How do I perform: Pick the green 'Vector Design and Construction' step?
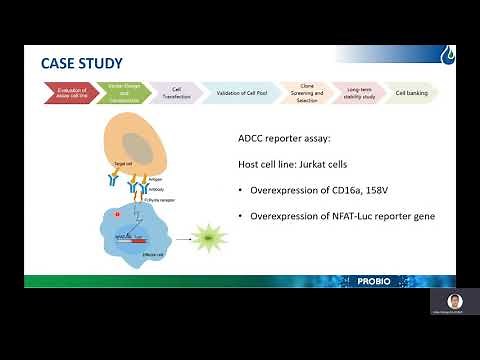(x=122, y=93)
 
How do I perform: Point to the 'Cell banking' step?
(x=411, y=93)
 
